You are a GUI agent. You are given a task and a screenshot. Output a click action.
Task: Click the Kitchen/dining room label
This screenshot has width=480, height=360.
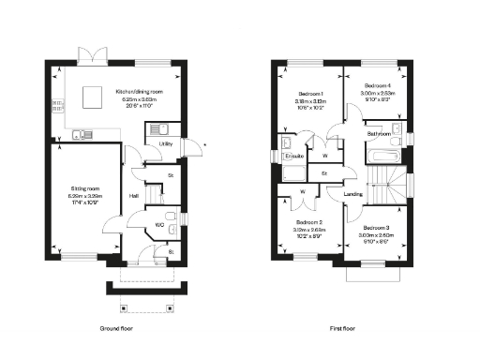(139, 91)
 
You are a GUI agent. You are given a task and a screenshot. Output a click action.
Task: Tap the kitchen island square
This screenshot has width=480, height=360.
(93, 97)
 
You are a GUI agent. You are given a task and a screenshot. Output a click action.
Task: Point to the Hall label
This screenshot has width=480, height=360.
(134, 195)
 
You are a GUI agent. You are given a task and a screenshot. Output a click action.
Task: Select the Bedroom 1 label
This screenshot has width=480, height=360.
(310, 95)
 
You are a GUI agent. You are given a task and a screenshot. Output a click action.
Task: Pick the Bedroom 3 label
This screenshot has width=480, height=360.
(377, 228)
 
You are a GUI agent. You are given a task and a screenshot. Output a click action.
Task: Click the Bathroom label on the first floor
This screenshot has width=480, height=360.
(379, 134)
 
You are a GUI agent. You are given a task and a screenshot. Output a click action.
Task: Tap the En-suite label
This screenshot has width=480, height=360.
(293, 155)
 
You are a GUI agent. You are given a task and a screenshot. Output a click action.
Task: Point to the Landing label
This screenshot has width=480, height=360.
(352, 194)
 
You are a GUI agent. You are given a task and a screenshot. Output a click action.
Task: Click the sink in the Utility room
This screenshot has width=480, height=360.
(161, 128)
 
